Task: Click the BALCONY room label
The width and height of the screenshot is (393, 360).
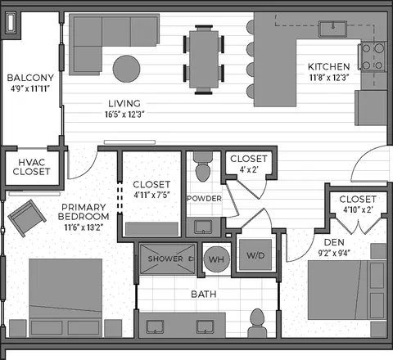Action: [x=30, y=78]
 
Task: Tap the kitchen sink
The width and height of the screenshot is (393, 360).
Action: [x=333, y=29]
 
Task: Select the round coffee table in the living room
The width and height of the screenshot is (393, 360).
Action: [x=127, y=69]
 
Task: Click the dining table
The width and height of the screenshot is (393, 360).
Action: [x=204, y=60]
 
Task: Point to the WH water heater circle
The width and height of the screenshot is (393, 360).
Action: [x=216, y=259]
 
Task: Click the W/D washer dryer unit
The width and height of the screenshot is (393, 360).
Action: [x=255, y=255]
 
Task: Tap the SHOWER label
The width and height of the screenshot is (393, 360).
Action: [x=165, y=259]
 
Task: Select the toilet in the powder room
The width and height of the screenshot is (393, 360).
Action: [x=203, y=166]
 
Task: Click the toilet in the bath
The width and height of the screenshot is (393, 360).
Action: [x=257, y=323]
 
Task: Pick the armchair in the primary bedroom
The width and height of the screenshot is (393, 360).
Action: [x=27, y=218]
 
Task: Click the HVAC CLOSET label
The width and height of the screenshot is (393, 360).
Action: [x=31, y=167]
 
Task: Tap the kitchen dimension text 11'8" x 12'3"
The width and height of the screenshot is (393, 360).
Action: [x=329, y=78]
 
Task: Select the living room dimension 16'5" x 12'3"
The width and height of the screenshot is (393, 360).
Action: [x=124, y=115]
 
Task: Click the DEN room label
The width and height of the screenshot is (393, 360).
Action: [x=334, y=242]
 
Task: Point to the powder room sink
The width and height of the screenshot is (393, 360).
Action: [x=203, y=227]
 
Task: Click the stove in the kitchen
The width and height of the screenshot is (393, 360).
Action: [x=373, y=57]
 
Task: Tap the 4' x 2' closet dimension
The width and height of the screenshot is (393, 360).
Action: [x=249, y=170]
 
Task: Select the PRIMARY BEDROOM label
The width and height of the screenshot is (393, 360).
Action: [x=84, y=212]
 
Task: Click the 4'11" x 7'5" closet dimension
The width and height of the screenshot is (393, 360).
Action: [x=151, y=196]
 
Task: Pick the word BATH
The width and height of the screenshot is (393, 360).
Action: [x=204, y=295]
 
